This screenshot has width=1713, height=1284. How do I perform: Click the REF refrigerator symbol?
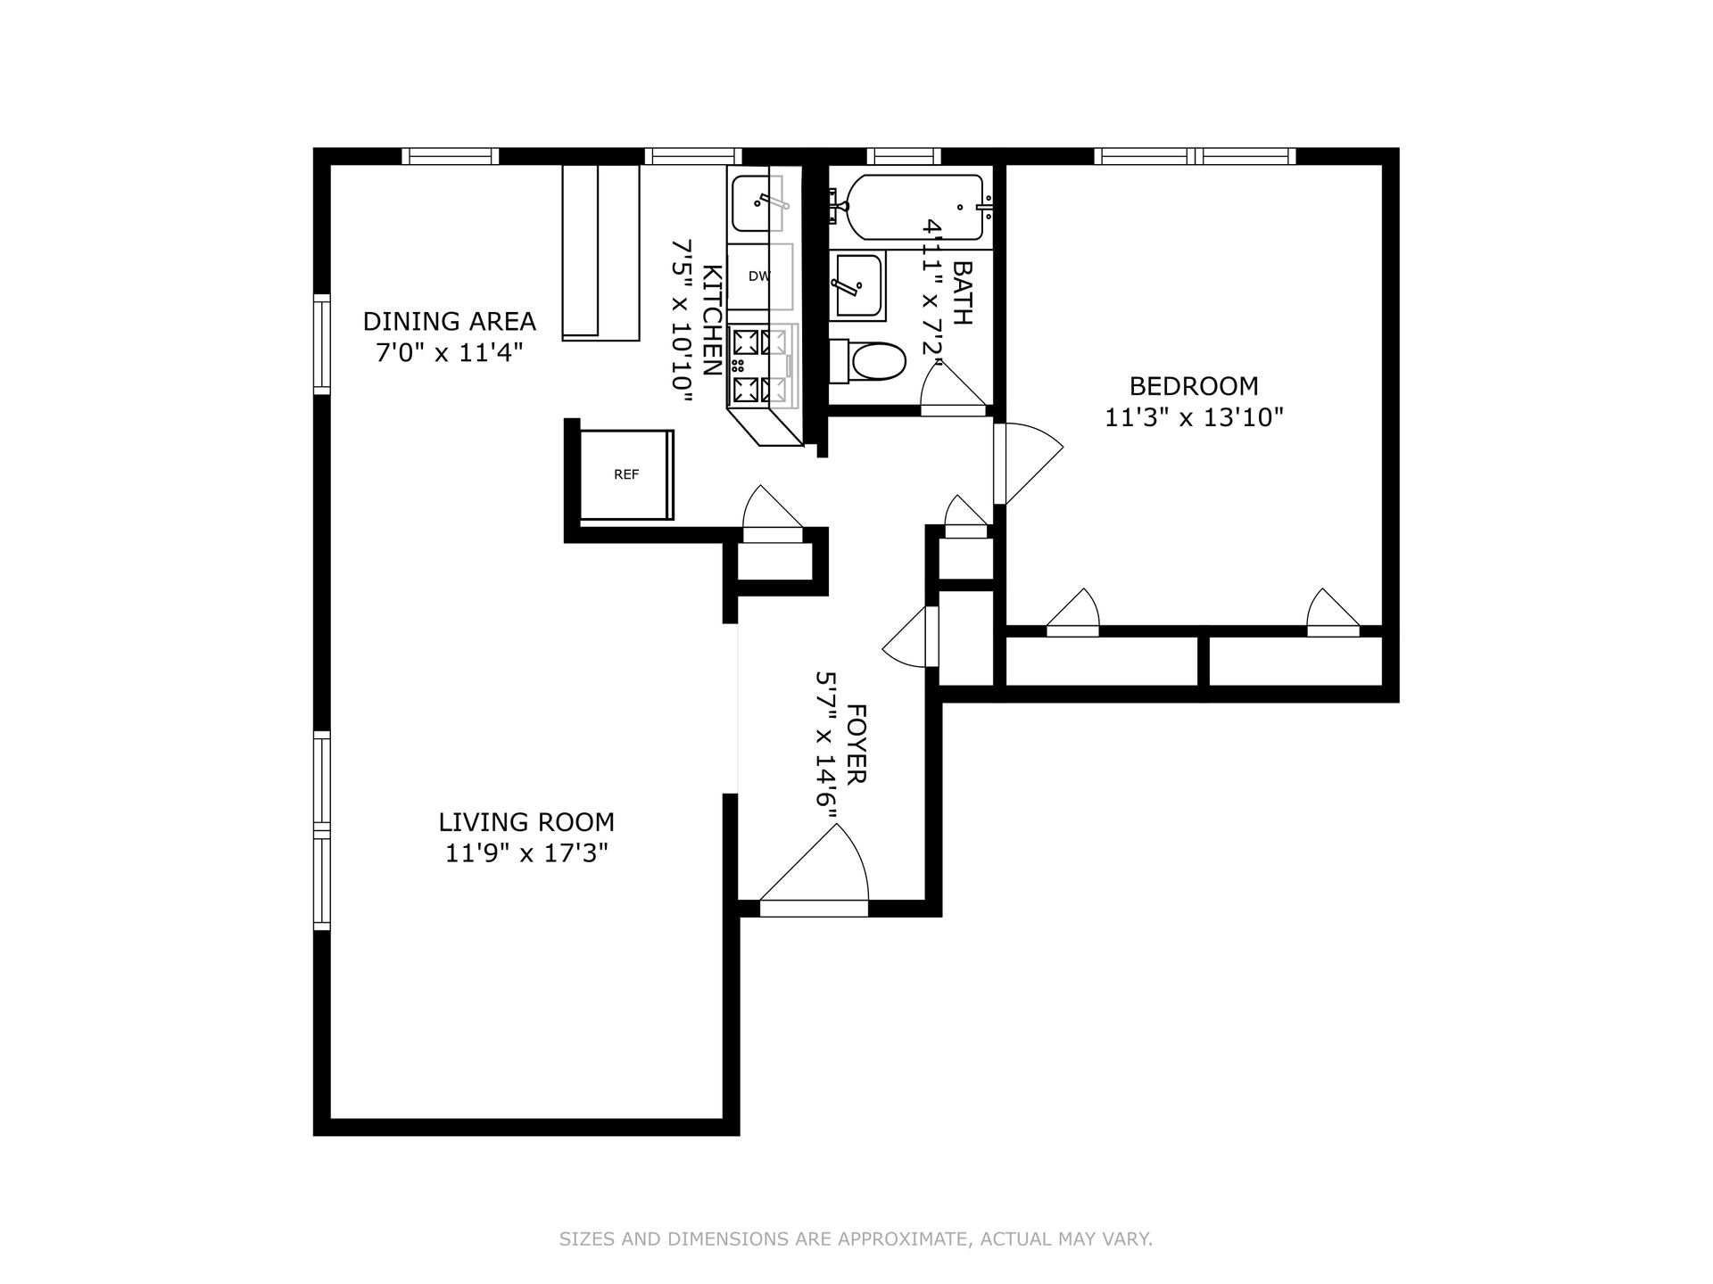627,474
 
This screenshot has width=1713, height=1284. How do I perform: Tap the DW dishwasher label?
759,276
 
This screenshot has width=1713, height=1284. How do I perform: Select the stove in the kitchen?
763,365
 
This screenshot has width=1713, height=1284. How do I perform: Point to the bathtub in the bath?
914,207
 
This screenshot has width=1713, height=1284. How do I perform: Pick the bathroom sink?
857,286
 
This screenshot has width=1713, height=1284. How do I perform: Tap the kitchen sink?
759,203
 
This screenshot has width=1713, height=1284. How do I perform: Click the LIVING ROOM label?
526,821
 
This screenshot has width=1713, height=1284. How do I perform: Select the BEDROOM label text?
1194,386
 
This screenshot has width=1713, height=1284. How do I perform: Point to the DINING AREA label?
450,321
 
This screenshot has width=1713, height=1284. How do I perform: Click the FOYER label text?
856,745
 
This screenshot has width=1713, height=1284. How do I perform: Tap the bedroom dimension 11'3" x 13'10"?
1194,417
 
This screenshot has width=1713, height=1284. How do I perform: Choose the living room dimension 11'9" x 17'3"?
526,853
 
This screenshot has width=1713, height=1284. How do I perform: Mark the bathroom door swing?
954,390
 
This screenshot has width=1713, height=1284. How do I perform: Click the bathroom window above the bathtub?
903,156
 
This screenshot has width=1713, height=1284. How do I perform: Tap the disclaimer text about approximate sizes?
856,1239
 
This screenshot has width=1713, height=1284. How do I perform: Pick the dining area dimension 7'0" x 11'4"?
449,353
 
